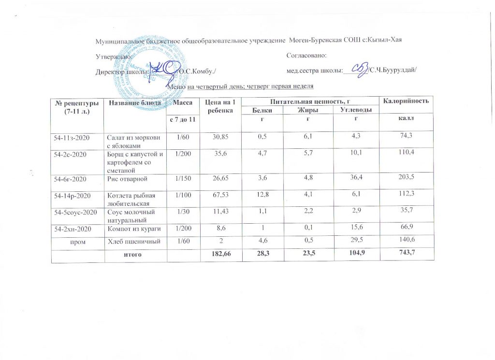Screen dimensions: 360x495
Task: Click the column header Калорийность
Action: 406,101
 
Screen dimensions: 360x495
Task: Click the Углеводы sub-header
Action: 356,111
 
